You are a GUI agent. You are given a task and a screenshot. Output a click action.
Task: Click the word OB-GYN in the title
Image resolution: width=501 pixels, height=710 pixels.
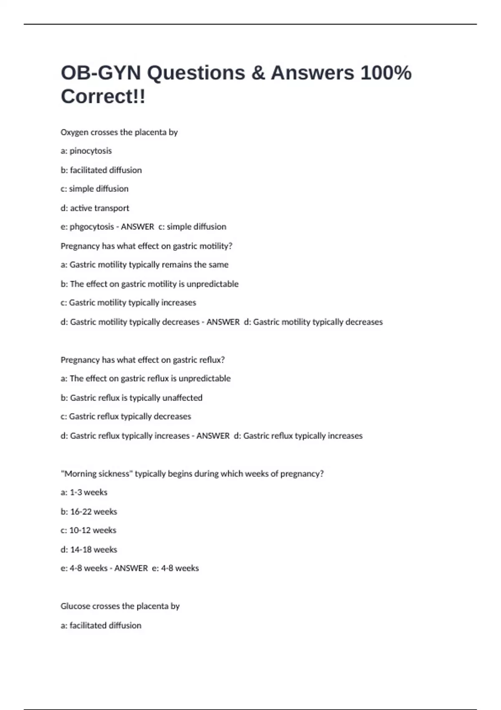click(101, 73)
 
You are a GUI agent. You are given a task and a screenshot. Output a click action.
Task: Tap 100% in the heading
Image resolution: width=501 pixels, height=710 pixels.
click(386, 73)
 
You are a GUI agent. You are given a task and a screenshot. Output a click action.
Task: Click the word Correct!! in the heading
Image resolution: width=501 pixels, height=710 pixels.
click(103, 96)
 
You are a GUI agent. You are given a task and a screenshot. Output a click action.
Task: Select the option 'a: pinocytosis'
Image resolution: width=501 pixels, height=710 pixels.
click(86, 151)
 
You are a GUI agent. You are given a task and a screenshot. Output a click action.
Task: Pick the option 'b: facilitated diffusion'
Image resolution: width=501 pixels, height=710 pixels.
click(101, 170)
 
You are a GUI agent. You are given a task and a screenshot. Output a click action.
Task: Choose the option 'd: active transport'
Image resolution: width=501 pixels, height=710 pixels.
click(95, 208)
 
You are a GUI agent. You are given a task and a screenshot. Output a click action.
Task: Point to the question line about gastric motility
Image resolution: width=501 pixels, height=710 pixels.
click(146, 246)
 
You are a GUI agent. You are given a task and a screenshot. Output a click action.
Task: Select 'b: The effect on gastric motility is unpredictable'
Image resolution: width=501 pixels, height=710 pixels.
click(149, 284)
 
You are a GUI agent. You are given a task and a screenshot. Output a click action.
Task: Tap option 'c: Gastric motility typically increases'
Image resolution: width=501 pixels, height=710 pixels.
click(128, 302)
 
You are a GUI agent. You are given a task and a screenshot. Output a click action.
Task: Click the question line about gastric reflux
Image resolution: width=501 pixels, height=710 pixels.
click(142, 360)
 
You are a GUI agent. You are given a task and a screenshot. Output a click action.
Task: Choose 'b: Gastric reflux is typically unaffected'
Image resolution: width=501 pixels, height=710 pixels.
click(131, 398)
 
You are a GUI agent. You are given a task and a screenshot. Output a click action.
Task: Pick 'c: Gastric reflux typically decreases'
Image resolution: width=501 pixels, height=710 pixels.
click(126, 416)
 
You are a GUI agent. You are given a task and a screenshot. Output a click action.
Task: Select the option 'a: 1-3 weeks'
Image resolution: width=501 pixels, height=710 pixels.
click(84, 492)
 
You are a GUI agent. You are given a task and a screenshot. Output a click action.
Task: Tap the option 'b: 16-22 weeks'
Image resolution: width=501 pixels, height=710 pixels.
click(89, 512)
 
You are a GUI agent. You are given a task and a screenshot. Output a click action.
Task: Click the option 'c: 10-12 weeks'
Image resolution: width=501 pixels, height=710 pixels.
click(88, 530)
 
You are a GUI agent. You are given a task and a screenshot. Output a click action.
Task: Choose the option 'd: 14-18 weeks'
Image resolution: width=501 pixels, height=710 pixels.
click(89, 550)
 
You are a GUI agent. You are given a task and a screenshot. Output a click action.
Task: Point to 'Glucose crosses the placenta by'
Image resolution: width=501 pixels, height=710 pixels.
click(120, 606)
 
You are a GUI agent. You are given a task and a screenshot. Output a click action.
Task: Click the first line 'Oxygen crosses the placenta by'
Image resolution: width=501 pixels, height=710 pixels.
click(119, 132)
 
